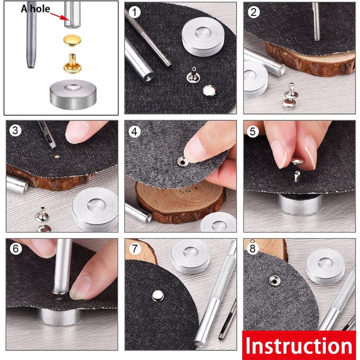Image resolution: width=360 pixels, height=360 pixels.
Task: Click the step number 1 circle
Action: (133, 12)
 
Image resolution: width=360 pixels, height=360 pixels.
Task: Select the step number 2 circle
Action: (253, 12)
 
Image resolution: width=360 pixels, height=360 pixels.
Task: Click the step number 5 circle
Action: (253, 131)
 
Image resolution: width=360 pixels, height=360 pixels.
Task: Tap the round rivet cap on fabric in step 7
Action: (158, 295)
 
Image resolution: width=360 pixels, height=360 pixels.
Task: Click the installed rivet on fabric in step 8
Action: (273, 281)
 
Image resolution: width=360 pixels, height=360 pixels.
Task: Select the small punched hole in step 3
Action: (57, 157)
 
